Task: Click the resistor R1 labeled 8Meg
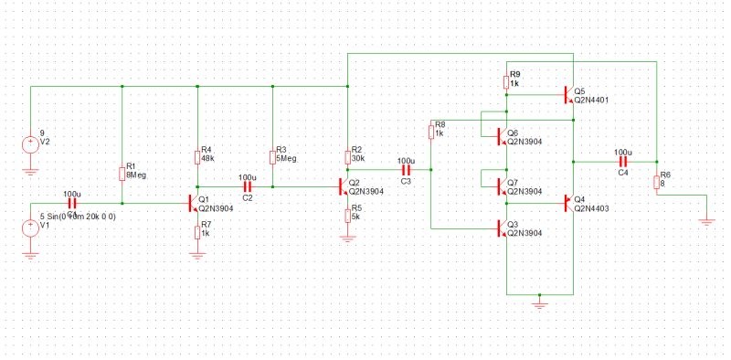(x=122, y=173)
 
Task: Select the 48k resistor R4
(x=197, y=156)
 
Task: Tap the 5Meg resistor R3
(x=272, y=156)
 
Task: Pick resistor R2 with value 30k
(x=347, y=156)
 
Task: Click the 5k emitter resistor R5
(x=347, y=214)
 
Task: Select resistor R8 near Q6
(x=430, y=132)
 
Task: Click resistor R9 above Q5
(x=505, y=81)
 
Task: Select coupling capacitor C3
(x=405, y=170)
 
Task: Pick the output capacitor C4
(x=623, y=162)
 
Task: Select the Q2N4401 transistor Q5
(x=568, y=95)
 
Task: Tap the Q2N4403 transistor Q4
(x=568, y=203)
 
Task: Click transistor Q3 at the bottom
(x=502, y=228)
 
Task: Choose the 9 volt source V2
(x=31, y=144)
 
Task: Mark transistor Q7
(x=502, y=186)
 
